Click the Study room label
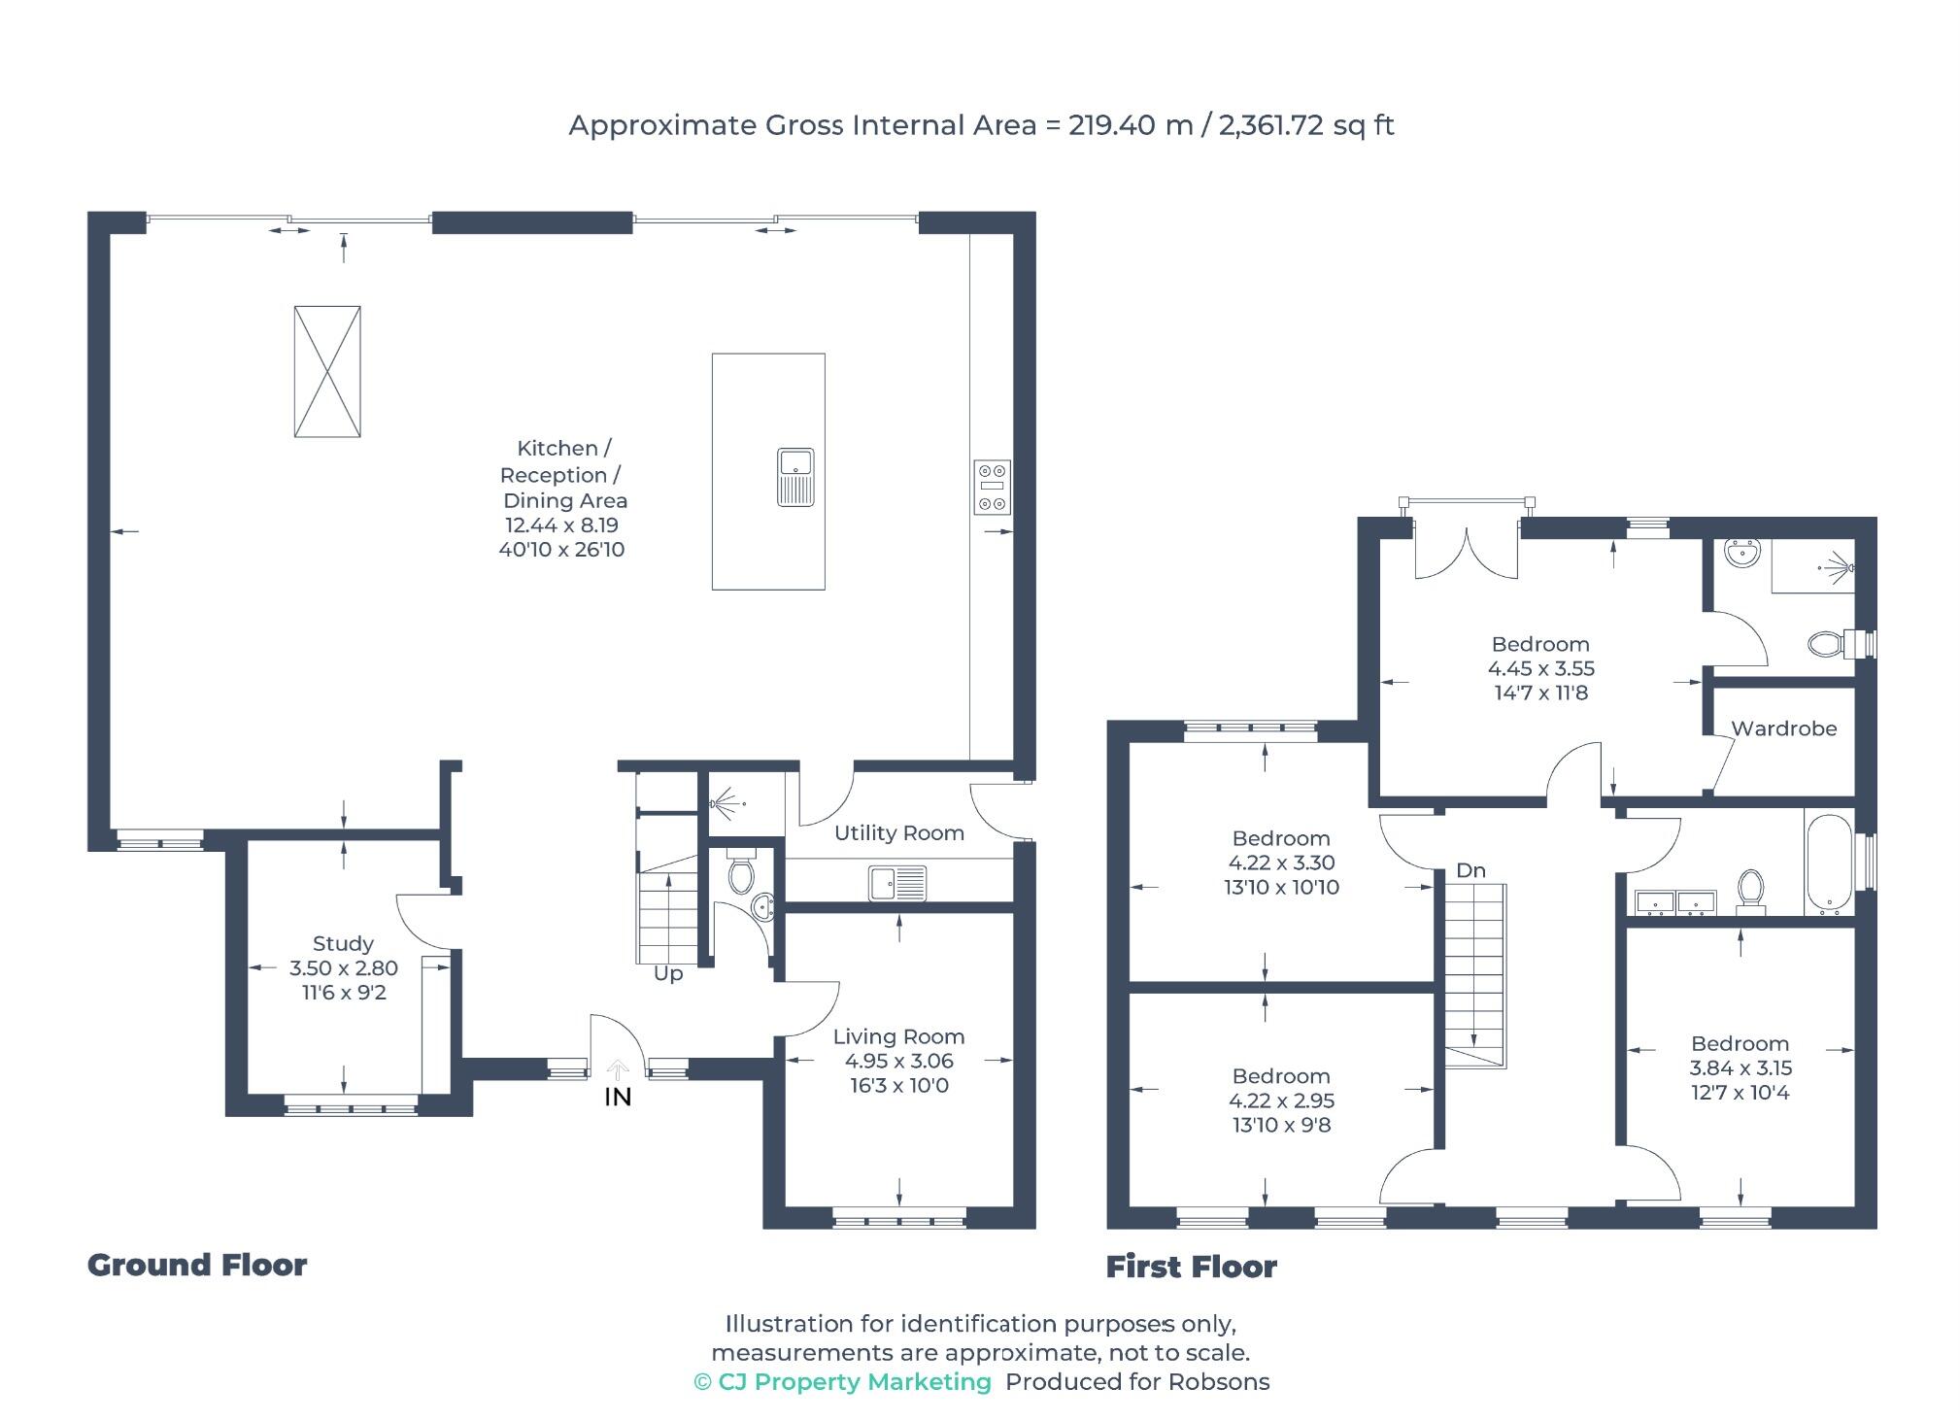click(343, 943)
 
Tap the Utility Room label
click(899, 832)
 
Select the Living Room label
click(898, 1036)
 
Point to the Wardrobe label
click(1783, 728)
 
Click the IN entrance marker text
click(618, 1097)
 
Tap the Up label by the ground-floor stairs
click(668, 974)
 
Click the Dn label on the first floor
click(1470, 870)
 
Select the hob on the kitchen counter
click(992, 487)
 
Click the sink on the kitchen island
click(795, 477)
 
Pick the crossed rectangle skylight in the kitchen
click(327, 371)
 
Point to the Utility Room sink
click(898, 884)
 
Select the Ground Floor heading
click(197, 1265)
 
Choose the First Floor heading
click(1192, 1267)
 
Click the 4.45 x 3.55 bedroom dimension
click(1541, 668)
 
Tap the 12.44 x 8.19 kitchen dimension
click(561, 525)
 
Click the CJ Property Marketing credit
click(843, 1382)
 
